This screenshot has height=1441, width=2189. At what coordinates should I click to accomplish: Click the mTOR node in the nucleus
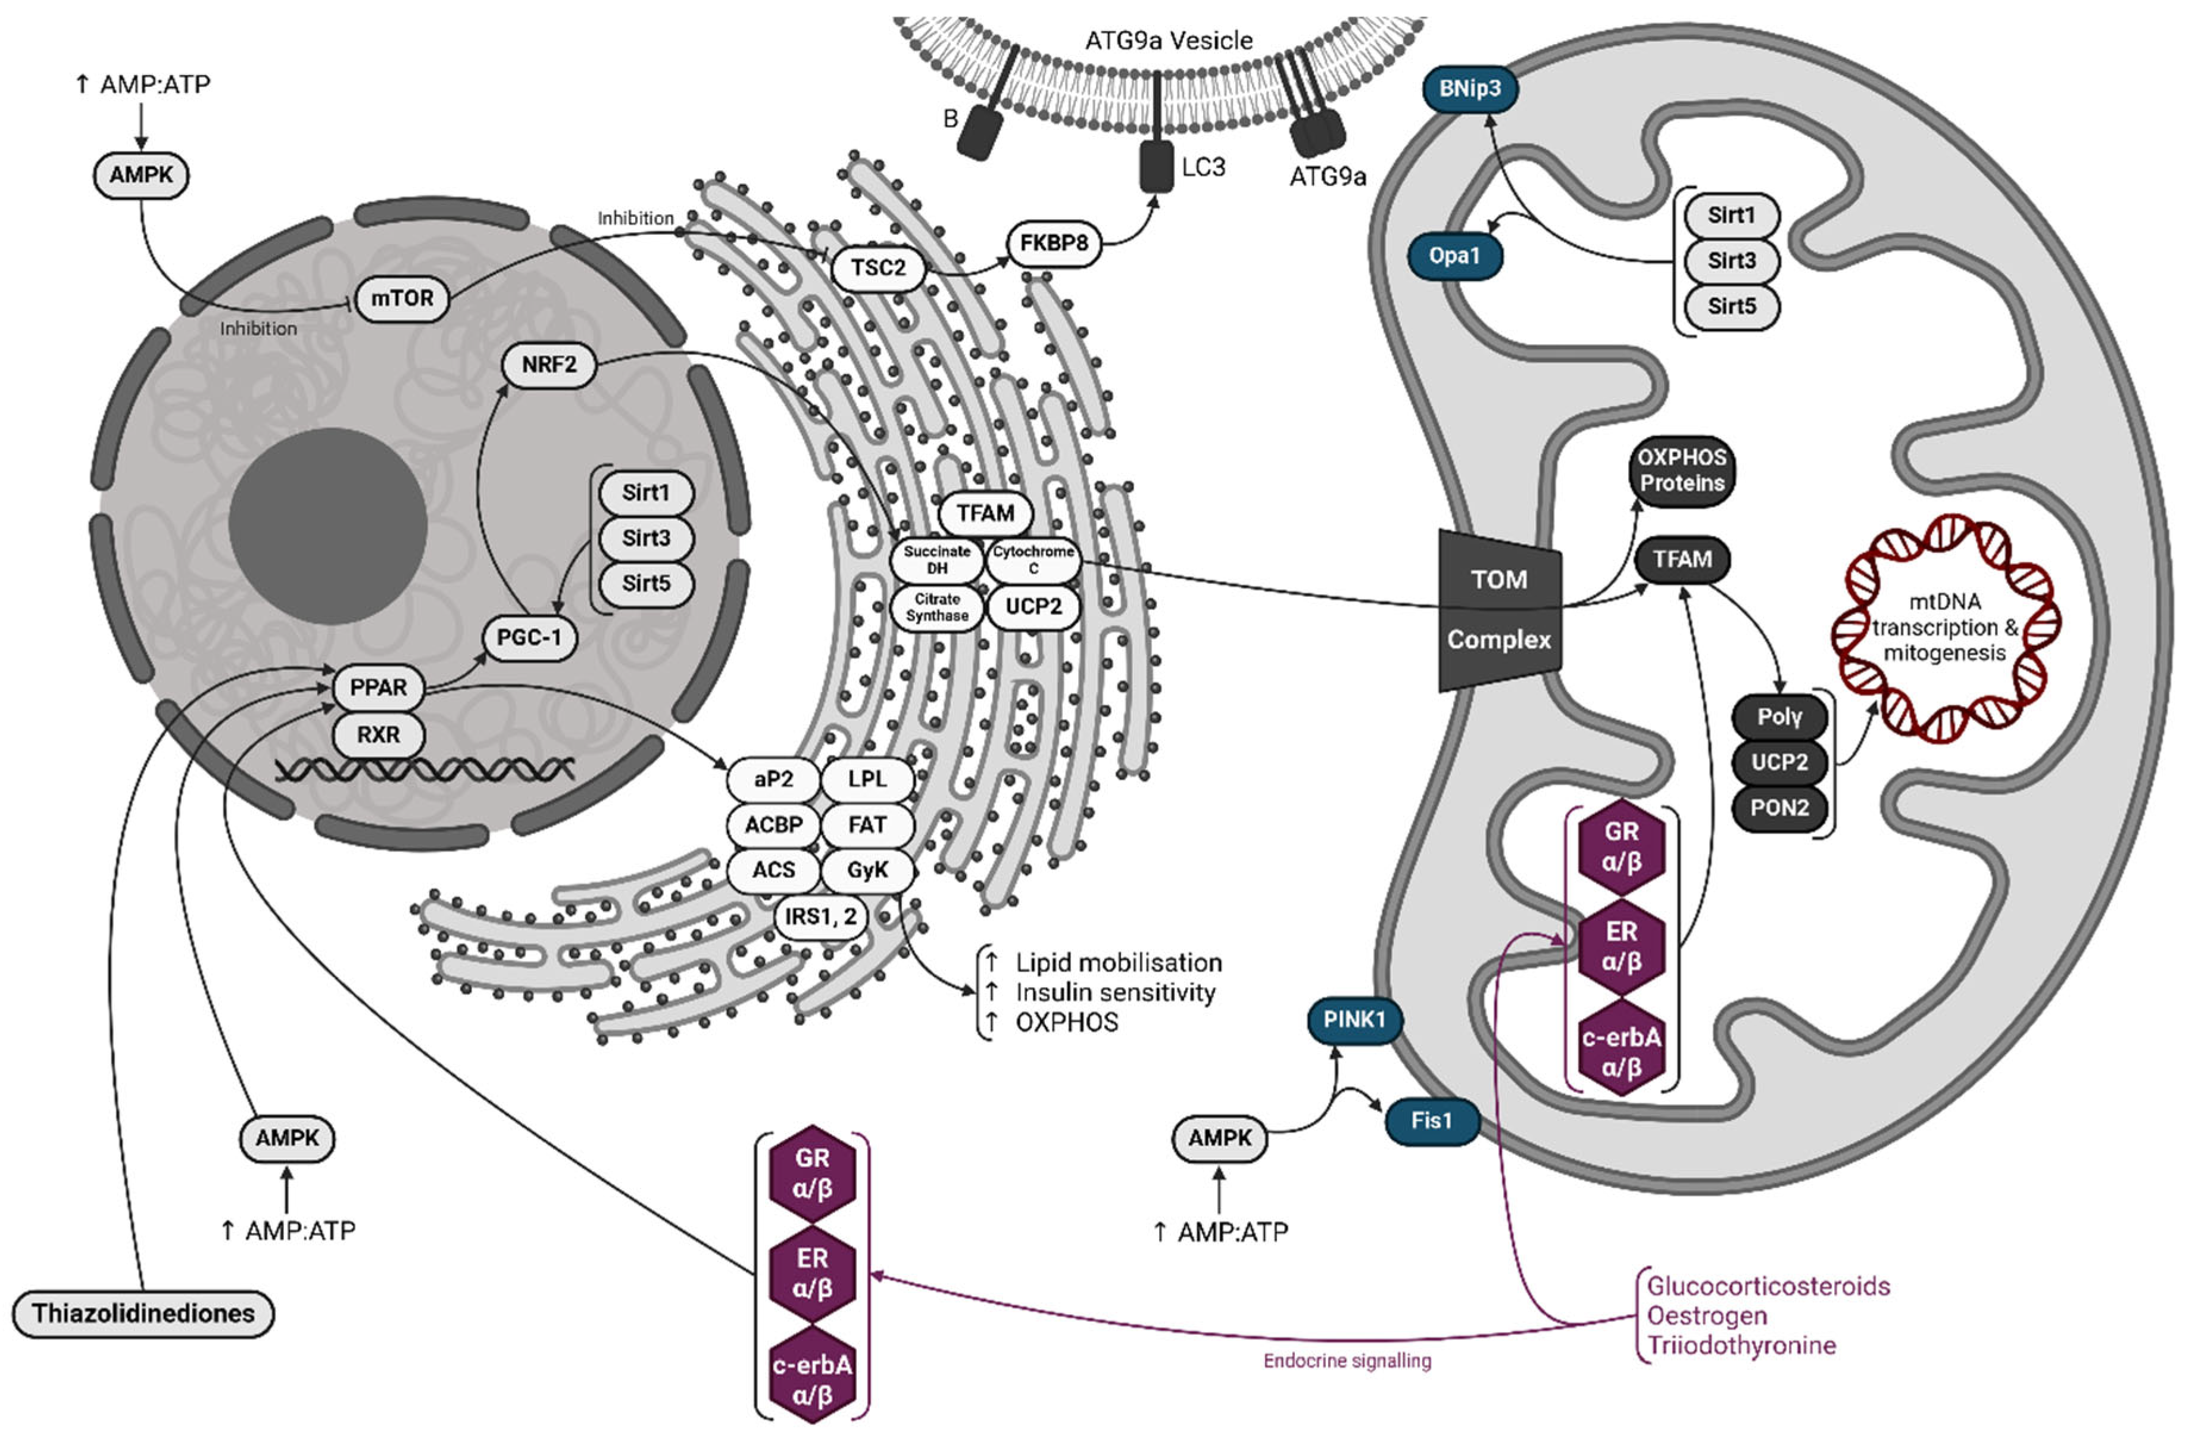pos(402,298)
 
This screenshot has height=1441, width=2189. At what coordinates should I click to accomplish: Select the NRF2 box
pos(549,365)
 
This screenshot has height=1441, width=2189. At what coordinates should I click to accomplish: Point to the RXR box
pos(378,734)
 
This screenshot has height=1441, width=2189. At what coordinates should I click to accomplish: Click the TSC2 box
pos(878,268)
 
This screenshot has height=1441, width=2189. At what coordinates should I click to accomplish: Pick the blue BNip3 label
pos(1470,88)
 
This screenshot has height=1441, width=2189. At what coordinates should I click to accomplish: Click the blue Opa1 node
pos(1454,256)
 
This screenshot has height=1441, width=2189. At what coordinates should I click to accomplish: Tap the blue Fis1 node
pos(1431,1121)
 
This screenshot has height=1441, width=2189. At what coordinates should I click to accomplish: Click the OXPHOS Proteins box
pos(1682,470)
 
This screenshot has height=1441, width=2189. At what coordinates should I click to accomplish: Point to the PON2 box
pos(1779,808)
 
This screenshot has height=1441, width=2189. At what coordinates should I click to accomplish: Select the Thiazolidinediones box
pos(143,1313)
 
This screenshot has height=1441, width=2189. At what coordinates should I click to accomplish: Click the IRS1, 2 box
pos(820,916)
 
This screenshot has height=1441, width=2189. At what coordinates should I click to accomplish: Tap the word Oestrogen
pos(1706,1316)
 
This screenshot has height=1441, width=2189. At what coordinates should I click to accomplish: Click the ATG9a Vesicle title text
pos(1168,41)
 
